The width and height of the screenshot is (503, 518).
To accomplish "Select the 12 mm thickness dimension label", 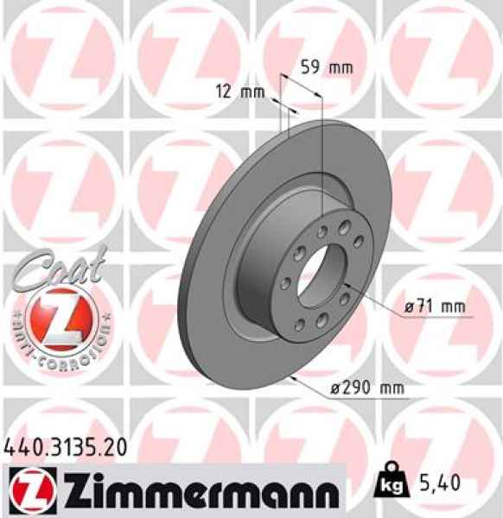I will click(x=239, y=93).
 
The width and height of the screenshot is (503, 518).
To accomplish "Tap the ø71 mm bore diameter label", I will click(x=435, y=306).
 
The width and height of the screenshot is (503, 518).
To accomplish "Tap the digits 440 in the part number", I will click(x=23, y=447).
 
